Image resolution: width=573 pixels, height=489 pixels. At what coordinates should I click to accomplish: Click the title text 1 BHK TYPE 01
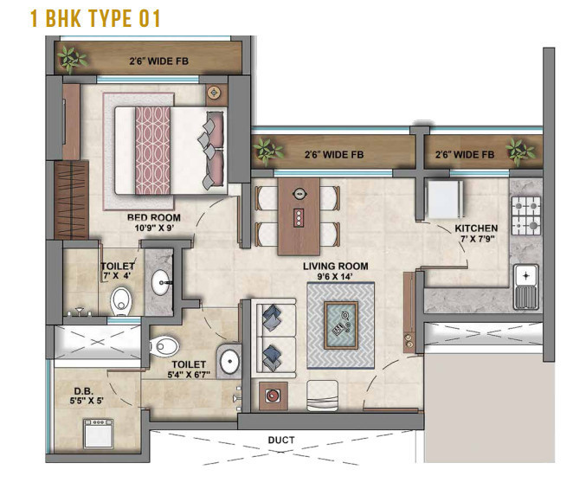[95, 18]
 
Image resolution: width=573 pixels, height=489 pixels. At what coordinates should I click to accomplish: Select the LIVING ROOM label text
[335, 266]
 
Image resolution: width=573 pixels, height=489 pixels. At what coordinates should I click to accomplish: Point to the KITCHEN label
[477, 228]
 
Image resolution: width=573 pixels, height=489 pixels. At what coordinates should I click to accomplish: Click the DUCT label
[281, 441]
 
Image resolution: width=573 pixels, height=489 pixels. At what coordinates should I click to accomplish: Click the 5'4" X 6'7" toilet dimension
[189, 376]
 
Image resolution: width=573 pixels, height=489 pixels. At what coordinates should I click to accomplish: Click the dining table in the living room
[299, 215]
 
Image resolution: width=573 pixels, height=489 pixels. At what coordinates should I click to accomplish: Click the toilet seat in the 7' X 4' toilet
[121, 299]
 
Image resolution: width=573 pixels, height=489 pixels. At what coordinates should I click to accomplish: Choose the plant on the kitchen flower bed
[519, 153]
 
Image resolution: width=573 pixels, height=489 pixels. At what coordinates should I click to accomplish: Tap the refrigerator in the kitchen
[446, 197]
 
